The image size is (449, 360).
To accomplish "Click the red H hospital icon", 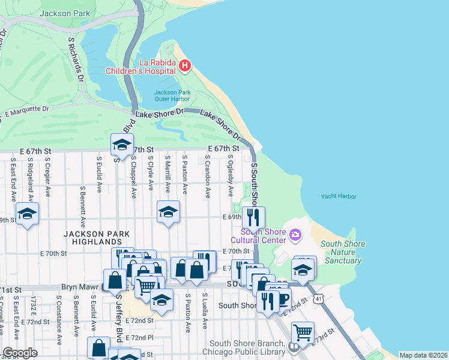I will coord(185,65).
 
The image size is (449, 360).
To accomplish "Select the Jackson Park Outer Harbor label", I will coord(172,96).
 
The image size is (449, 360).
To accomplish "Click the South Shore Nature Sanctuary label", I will coord(341,252).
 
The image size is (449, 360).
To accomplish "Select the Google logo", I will coord(20,352).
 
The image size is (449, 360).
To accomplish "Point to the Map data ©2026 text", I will coord(423,355).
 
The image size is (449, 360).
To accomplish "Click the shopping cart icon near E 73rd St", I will coord(303,331).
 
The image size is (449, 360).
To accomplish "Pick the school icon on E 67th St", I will coord(122,145).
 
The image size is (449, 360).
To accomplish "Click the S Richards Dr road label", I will coord(75,60).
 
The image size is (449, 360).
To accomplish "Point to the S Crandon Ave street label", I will coord(207,177).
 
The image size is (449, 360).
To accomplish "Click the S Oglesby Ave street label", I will coord(231,176).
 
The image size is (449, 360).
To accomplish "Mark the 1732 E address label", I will coord(35,308).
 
